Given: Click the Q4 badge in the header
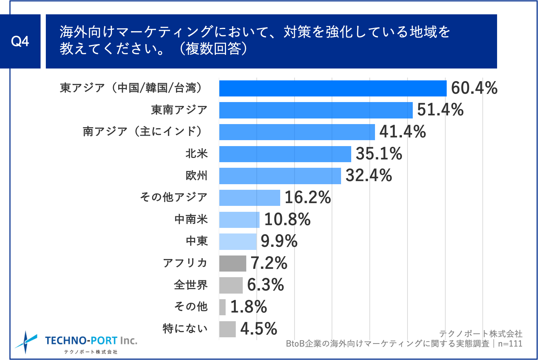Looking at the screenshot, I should coord(20,42).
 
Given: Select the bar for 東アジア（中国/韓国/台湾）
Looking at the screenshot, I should coord(333,88).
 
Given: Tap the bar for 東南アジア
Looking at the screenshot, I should coord(316,110).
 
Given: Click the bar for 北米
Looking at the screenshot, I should coord(285,154).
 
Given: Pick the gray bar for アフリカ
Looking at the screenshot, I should coord(233,264).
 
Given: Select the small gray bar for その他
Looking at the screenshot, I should coord(222,307).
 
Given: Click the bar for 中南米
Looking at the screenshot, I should coord(239,220).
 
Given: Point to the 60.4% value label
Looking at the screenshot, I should coord(474,88).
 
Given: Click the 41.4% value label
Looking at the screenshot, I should coord(402,132).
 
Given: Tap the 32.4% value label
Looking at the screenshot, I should coord(368,175).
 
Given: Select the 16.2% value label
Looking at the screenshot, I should coord(307,198).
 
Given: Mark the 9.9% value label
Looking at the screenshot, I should coord(279,242).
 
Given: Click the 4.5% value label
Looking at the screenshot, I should coord(259,329).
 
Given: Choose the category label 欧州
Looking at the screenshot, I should coord(197,175).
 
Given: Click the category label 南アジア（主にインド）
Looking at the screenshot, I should coord(143,132).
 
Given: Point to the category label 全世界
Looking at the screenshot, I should coord(191,285).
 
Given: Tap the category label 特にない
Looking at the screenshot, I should coord(185,329).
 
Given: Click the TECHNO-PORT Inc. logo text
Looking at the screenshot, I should coord(91,341).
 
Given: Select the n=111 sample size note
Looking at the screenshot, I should coord(510,344).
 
